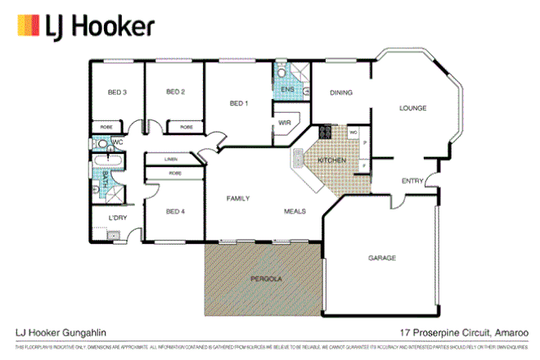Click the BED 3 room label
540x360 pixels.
tap(117, 92)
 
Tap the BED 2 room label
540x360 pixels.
tap(175, 92)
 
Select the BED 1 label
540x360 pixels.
tap(238, 103)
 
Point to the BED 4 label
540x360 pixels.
tap(176, 212)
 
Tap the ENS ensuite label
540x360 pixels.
tap(287, 88)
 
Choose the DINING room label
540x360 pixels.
tap(341, 92)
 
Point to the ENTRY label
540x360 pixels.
tap(412, 181)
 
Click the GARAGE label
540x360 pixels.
tap(381, 258)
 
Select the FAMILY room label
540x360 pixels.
tap(238, 199)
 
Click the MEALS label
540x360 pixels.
tap(295, 211)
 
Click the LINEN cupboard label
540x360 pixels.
tap(171, 159)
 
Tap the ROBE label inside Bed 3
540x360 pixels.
tap(106, 127)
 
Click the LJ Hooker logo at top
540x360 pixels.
tap(86, 27)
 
